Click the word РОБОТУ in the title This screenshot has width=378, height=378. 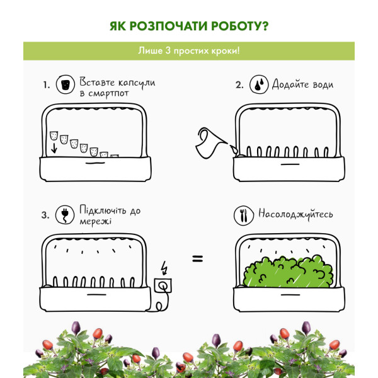[239, 26]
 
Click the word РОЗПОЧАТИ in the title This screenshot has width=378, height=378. [168, 26]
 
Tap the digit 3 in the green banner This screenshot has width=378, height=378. [168, 50]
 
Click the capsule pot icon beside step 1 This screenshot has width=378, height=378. [66, 84]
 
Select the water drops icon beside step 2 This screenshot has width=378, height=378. [259, 84]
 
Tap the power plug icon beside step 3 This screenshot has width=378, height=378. [65, 215]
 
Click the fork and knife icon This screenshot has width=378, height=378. [244, 215]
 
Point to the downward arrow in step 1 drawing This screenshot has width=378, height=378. [54, 148]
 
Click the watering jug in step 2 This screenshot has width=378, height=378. [210, 143]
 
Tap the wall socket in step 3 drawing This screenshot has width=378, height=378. [163, 285]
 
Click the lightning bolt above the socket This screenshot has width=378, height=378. [164, 268]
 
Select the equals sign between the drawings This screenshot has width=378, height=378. [198, 259]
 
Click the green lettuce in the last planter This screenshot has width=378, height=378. [288, 271]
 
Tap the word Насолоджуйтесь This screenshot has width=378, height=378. [295, 214]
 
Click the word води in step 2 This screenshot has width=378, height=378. [323, 85]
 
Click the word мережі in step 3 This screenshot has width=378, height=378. [96, 222]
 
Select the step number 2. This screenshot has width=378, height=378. [239, 85]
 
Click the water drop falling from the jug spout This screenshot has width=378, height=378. [234, 149]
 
